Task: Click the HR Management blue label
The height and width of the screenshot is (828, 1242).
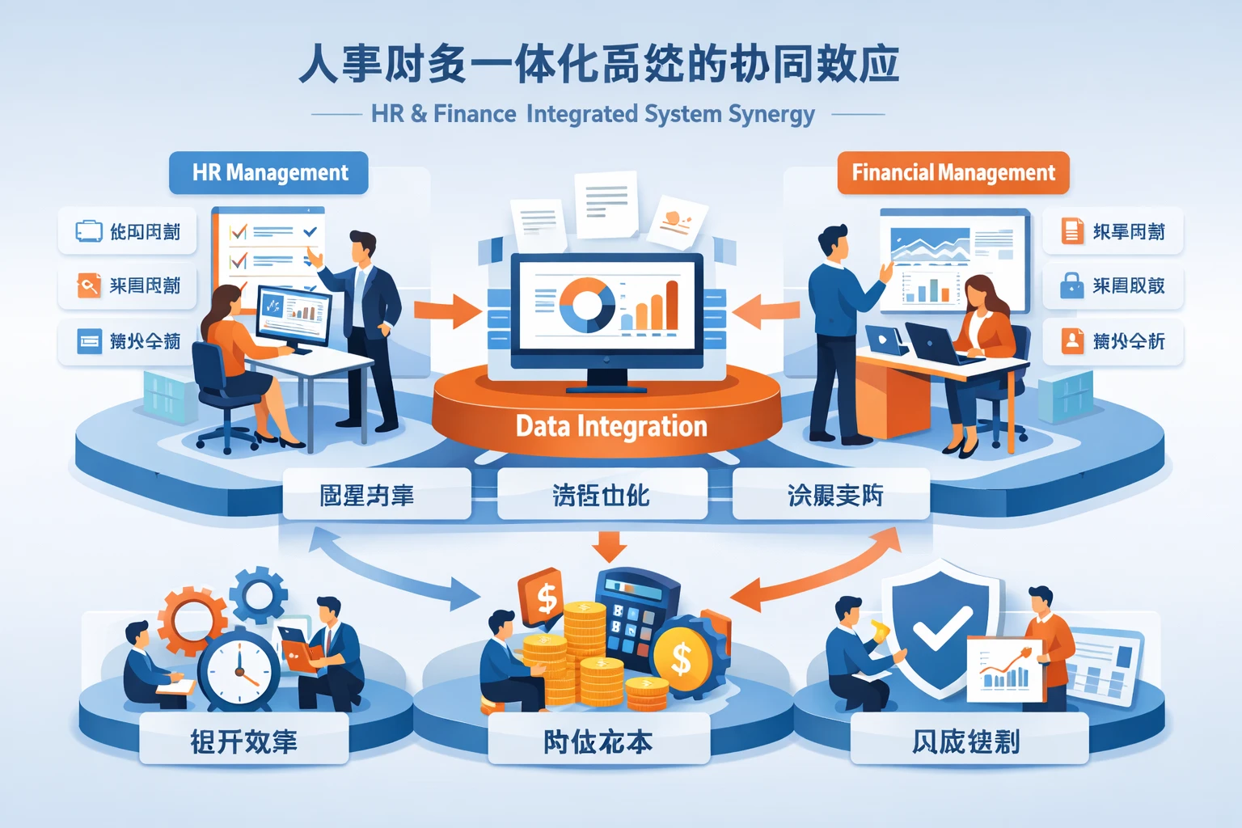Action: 268,172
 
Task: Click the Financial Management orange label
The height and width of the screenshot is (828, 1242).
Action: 953,172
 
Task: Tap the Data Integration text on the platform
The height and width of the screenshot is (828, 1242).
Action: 611,426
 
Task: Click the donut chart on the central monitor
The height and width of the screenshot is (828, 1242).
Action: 587,305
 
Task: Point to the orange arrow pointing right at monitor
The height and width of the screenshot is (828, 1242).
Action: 447,310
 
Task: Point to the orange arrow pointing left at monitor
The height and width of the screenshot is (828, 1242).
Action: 766,310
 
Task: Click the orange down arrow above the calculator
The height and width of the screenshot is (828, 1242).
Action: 609,547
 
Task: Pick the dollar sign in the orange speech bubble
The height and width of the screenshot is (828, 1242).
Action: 547,598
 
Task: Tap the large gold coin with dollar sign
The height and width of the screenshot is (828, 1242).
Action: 682,660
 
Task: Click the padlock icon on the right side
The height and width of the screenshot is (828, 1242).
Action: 1071,285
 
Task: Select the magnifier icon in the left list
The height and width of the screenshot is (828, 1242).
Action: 88,285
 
